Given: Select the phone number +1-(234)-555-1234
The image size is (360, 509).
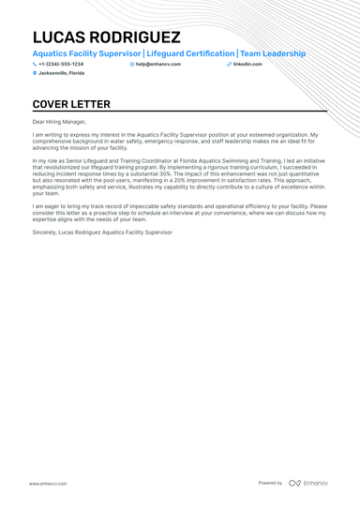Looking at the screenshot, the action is click(x=61, y=64).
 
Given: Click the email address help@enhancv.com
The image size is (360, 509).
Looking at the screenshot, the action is click(x=156, y=64).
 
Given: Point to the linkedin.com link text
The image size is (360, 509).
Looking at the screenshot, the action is click(x=247, y=64).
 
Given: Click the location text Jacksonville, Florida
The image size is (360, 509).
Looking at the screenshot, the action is click(x=61, y=72).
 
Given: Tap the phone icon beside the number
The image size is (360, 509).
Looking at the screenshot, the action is click(x=35, y=64).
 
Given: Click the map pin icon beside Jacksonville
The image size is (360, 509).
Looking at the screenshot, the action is click(x=35, y=72).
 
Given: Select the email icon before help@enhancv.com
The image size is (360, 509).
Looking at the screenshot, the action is click(x=132, y=64).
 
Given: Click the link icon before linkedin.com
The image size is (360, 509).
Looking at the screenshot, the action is click(x=229, y=64).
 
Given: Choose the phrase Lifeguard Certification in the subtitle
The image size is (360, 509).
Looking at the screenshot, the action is click(x=190, y=53).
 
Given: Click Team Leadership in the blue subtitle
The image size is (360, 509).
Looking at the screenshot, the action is click(x=273, y=53).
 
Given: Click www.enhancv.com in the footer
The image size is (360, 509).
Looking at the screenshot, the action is click(x=47, y=483).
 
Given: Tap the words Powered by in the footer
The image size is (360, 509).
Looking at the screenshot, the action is click(x=270, y=483).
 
